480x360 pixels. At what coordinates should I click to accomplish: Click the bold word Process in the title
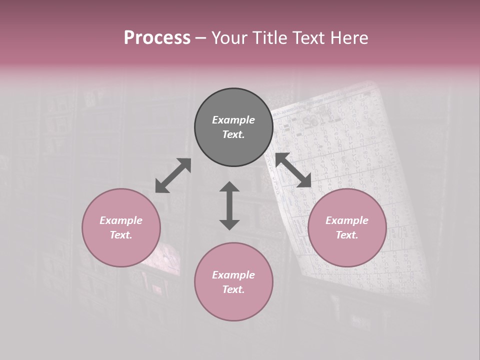coord(157,37)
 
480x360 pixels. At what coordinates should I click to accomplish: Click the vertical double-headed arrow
coord(229,205)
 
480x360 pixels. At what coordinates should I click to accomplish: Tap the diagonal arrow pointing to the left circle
coord(173,175)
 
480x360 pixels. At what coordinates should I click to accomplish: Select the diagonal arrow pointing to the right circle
coord(293,170)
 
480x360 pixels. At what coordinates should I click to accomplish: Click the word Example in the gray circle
coord(233,120)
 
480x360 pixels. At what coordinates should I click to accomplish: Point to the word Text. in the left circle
coord(121,235)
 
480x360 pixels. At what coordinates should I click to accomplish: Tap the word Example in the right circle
coord(347,220)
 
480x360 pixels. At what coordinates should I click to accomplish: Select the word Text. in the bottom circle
coord(233,289)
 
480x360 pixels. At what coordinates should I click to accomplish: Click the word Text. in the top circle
coord(233,134)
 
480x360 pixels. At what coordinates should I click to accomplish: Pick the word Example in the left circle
coord(121,220)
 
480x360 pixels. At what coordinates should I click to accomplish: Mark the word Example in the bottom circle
coord(233,275)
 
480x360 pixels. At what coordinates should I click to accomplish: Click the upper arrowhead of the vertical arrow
coord(229,187)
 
